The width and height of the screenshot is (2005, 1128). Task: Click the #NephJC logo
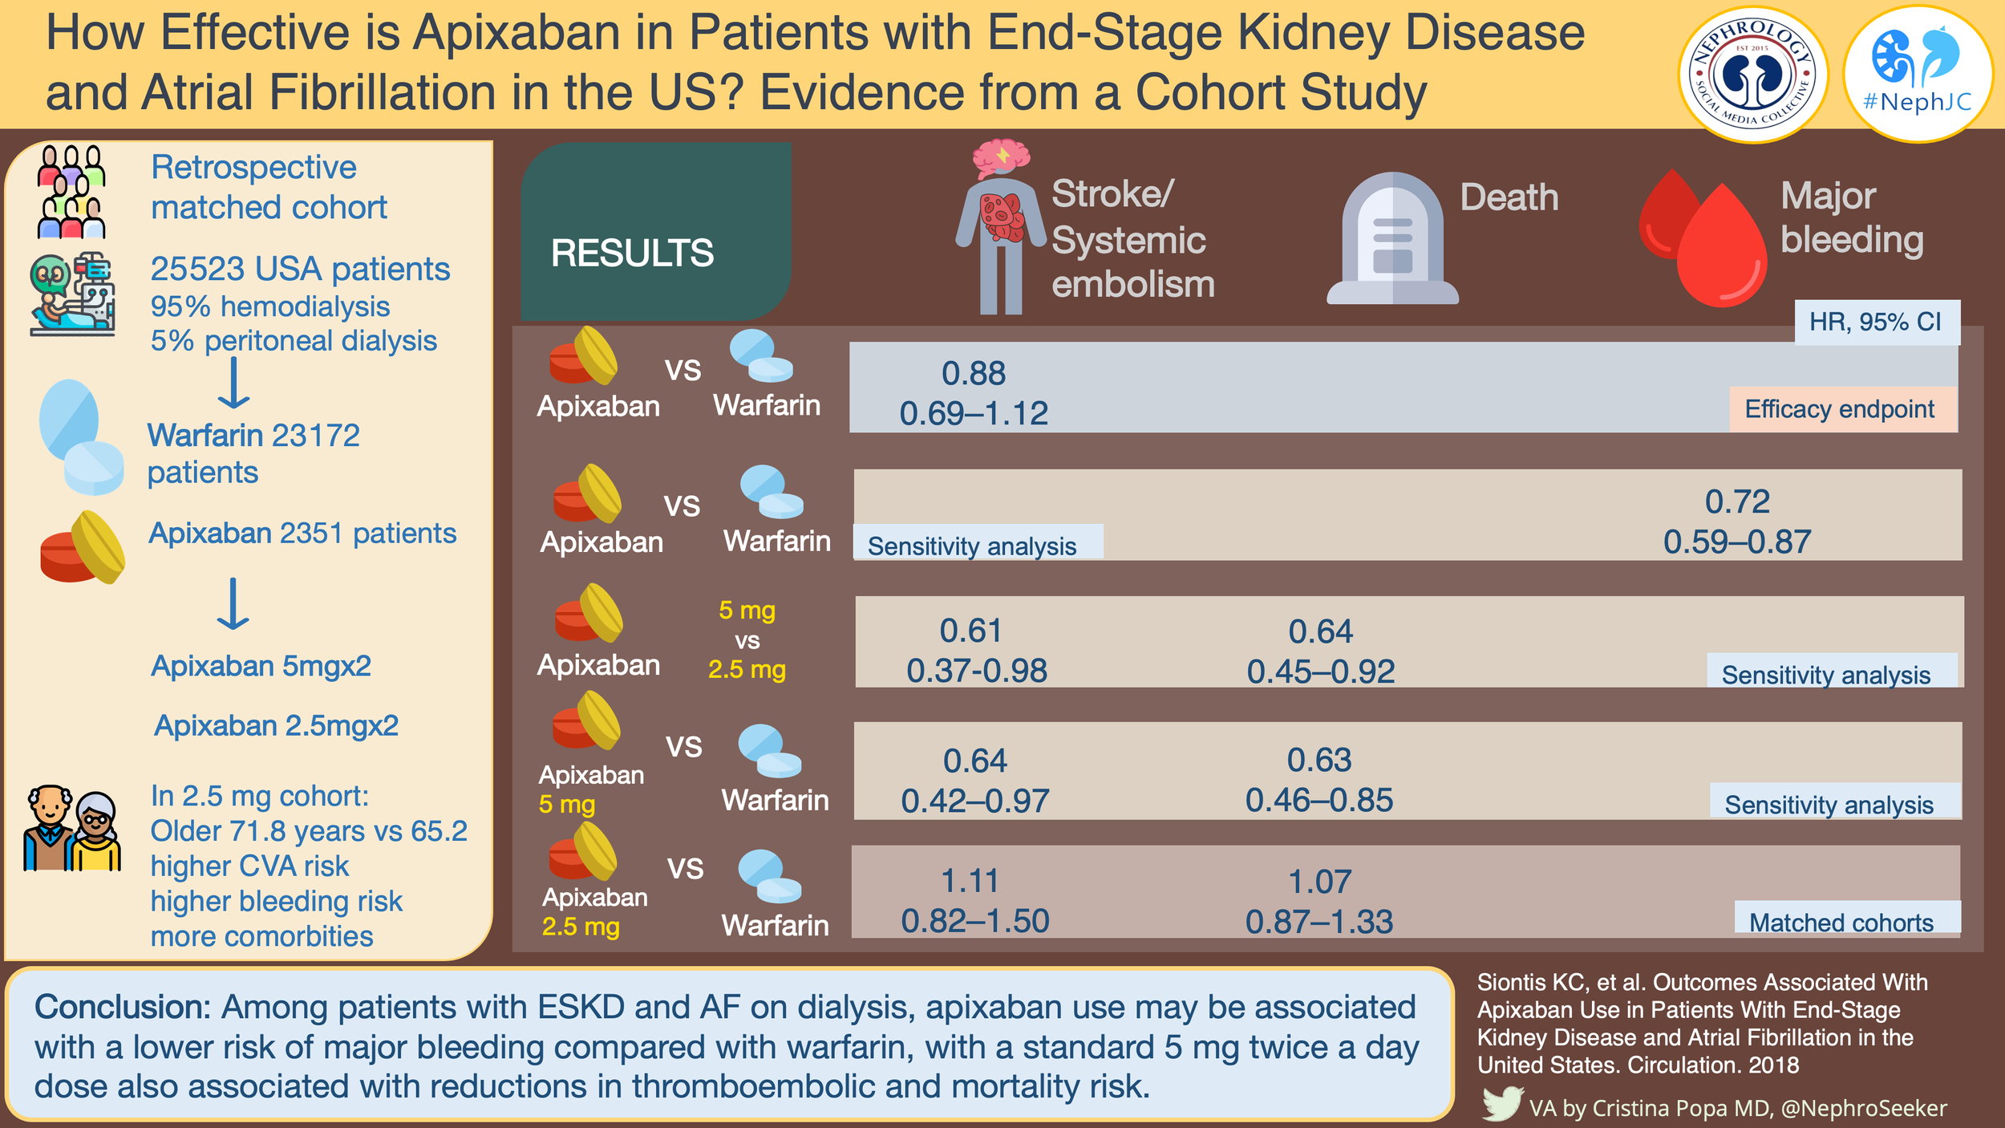(1918, 74)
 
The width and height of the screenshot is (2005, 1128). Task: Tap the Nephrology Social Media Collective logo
(1753, 75)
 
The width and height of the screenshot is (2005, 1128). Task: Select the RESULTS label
(632, 254)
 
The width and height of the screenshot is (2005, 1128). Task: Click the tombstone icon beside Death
(1392, 241)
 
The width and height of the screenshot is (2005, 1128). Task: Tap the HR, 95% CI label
(1875, 323)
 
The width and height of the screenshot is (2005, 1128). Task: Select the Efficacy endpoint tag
(1840, 409)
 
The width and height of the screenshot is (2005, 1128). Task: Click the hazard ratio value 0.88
(973, 374)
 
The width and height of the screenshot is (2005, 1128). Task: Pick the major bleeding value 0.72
(1737, 502)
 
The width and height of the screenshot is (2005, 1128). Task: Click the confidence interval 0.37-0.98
(976, 671)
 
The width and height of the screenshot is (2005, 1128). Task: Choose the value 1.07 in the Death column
(1319, 882)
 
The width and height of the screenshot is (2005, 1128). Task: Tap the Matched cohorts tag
(1841, 923)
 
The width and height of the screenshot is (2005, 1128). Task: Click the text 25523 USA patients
(300, 270)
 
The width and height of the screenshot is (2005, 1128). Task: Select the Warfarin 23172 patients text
(253, 453)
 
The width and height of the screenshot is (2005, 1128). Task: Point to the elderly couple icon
(72, 829)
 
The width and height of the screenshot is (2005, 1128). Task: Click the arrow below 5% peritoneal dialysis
(233, 383)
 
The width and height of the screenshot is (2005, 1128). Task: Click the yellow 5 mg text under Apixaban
(566, 804)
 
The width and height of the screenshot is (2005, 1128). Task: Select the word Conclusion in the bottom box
(122, 1007)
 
